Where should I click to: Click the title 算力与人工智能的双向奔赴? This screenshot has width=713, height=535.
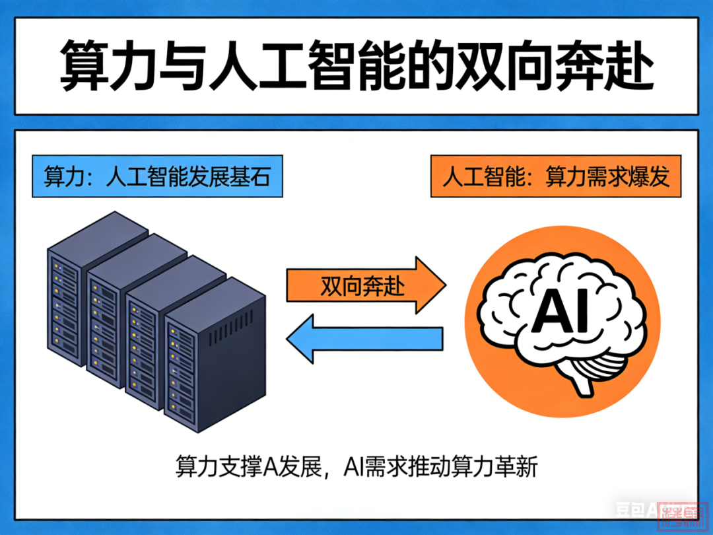point(356,67)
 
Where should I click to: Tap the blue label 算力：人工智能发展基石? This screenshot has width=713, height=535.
point(157,178)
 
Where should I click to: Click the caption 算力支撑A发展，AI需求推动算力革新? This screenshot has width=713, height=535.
point(356,467)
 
